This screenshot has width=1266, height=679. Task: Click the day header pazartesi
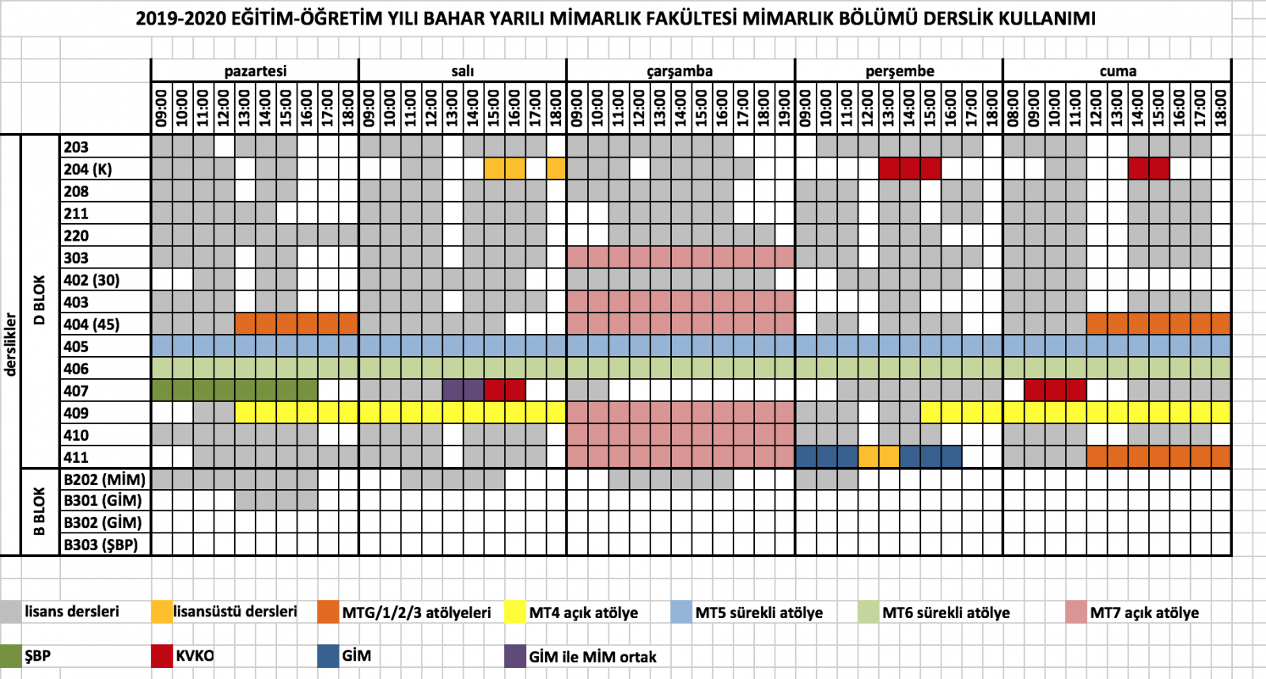(255, 71)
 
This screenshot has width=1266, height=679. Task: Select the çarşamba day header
(680, 71)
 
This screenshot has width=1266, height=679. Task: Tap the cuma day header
(1117, 71)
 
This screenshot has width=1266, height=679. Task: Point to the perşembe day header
(900, 71)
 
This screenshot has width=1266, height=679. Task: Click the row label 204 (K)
(88, 169)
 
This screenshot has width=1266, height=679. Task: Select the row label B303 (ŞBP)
(100, 544)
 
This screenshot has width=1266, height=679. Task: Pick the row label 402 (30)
(92, 280)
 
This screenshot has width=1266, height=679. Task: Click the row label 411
(76, 457)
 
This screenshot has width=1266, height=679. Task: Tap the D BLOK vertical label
(40, 301)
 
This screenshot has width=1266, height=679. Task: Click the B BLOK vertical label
(40, 511)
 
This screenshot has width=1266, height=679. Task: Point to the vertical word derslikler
(11, 344)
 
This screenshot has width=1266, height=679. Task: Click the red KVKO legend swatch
(162, 656)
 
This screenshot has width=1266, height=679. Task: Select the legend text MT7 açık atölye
(1144, 613)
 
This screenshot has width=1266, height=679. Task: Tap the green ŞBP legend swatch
(11, 656)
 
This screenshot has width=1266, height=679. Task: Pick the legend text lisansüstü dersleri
(236, 612)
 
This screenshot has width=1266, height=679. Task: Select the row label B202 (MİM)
(104, 480)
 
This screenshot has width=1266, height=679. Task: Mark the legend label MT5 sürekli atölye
(759, 613)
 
